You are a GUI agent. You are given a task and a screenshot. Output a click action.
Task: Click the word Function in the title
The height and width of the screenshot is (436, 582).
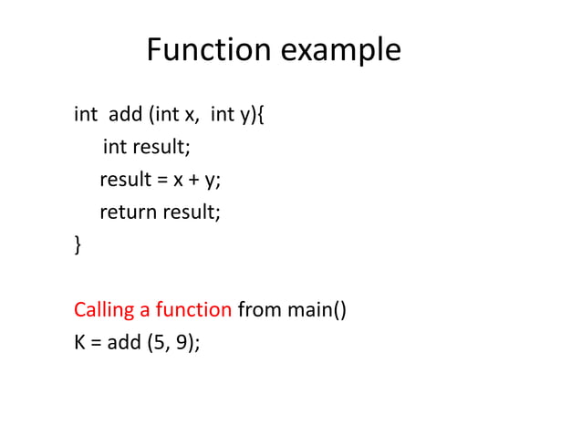tap(209, 50)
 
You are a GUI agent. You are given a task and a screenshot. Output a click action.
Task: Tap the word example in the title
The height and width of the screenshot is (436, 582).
tap(339, 52)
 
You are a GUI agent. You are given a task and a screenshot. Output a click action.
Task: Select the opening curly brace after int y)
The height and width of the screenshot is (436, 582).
tap(261, 116)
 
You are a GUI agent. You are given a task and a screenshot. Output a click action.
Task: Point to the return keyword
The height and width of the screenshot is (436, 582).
tap(128, 213)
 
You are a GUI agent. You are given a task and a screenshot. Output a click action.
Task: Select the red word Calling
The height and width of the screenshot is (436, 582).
tap(104, 310)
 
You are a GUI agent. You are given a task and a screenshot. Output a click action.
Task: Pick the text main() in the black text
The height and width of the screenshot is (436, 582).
tap(317, 310)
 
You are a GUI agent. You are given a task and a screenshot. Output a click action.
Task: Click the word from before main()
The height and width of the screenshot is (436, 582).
tap(259, 309)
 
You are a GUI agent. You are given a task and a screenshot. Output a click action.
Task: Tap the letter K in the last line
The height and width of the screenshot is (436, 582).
tap(79, 343)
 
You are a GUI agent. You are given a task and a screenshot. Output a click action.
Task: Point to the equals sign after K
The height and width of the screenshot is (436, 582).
tap(95, 344)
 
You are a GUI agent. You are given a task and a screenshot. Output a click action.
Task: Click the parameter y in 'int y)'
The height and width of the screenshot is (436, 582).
tap(244, 117)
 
